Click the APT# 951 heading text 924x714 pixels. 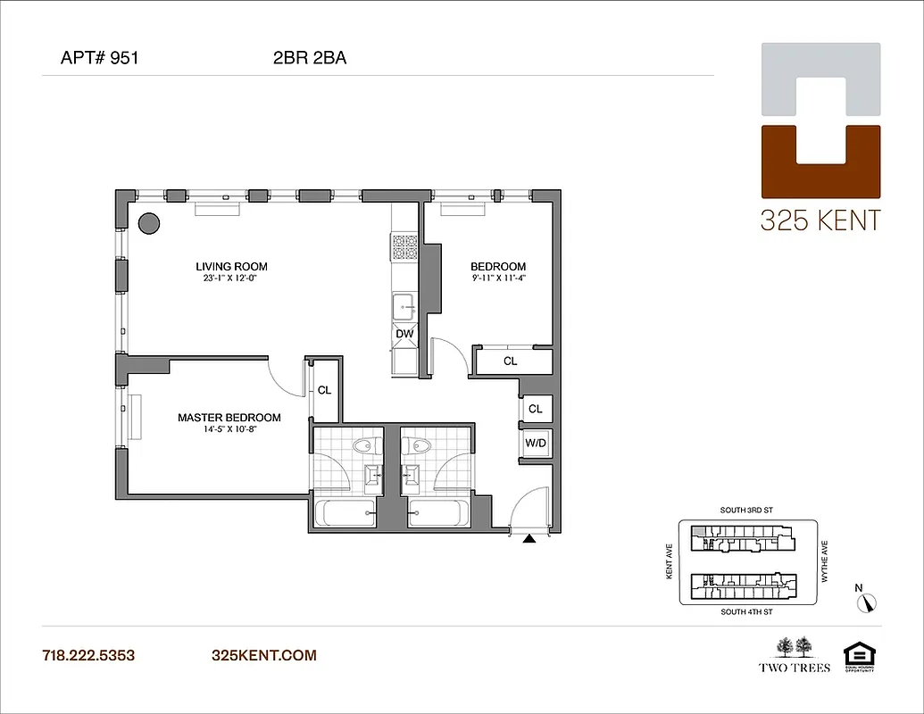click(x=99, y=59)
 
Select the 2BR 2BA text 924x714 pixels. click(x=310, y=59)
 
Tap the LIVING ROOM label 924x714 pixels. click(x=231, y=266)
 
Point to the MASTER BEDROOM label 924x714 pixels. click(x=229, y=417)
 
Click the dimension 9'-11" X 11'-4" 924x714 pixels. click(x=498, y=278)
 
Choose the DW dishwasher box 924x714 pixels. click(x=404, y=334)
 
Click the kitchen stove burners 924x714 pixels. click(x=404, y=246)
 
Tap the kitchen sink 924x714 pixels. click(x=404, y=306)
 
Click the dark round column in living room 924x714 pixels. click(x=148, y=222)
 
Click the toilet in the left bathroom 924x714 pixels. click(x=364, y=445)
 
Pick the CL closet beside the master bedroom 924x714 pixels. click(x=324, y=390)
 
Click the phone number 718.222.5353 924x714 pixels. click(x=88, y=655)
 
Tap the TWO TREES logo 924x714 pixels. click(x=795, y=655)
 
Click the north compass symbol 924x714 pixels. click(x=868, y=602)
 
